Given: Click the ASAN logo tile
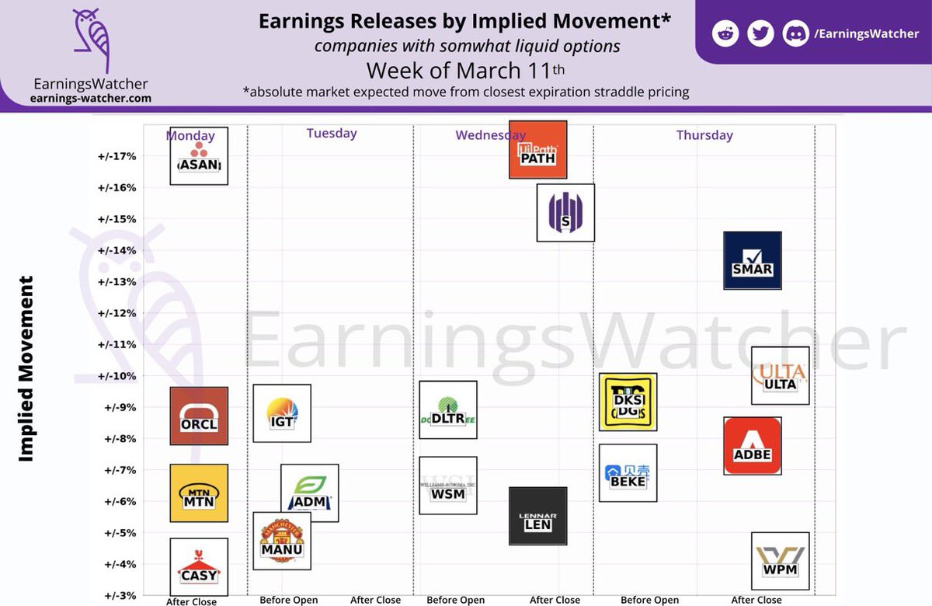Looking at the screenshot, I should pyautogui.click(x=199, y=156).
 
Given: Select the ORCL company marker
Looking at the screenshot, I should pyautogui.click(x=199, y=416).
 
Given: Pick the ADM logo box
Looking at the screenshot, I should pyautogui.click(x=310, y=493).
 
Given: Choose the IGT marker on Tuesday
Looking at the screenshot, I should pyautogui.click(x=283, y=413).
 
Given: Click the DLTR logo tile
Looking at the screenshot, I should pyautogui.click(x=448, y=409).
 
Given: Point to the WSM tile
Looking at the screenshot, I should pyautogui.click(x=448, y=486).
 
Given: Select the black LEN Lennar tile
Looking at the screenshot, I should pyautogui.click(x=538, y=516).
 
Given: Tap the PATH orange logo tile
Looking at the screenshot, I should pyautogui.click(x=538, y=150).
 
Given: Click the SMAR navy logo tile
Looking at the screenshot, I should pyautogui.click(x=753, y=260).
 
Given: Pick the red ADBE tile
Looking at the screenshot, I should pyautogui.click(x=753, y=446).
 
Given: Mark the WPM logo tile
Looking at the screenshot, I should pyautogui.click(x=781, y=561).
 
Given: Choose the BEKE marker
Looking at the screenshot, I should pyautogui.click(x=628, y=473).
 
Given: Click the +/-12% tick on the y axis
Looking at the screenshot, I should pyautogui.click(x=117, y=313).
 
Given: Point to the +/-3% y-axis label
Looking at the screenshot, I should pyautogui.click(x=117, y=595).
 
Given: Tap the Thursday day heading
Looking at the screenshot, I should pyautogui.click(x=704, y=135).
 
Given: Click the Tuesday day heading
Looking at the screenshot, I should pyautogui.click(x=332, y=133).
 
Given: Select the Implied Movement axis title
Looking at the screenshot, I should pyautogui.click(x=26, y=368).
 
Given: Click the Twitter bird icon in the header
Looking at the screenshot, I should pyautogui.click(x=760, y=34).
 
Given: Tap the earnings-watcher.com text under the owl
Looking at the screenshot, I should pyautogui.click(x=92, y=99).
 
